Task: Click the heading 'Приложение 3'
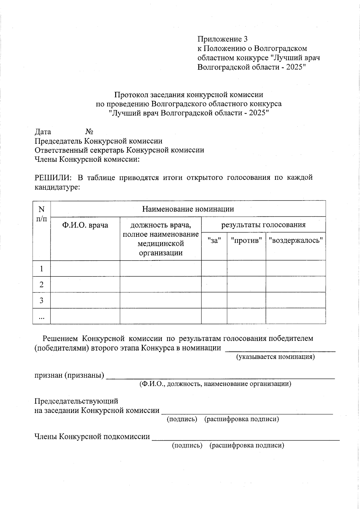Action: coord(222,39)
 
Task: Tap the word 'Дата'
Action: coord(43,132)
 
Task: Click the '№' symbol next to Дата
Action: coord(89,132)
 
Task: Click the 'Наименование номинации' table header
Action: coord(188,209)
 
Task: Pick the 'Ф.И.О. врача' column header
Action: coord(85,225)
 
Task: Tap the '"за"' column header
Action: coord(214,240)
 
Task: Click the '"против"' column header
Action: coord(246,240)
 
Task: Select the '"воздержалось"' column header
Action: coord(295,240)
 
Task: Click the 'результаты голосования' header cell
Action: coord(263,225)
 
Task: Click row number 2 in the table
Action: coord(41,284)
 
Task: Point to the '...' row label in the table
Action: coord(41,317)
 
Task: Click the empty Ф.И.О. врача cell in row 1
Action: coord(85,268)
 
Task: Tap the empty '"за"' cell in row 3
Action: coord(214,300)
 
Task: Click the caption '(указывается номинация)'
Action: coord(275,357)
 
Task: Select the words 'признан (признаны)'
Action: coord(69,375)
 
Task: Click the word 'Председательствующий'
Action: coord(76,401)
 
